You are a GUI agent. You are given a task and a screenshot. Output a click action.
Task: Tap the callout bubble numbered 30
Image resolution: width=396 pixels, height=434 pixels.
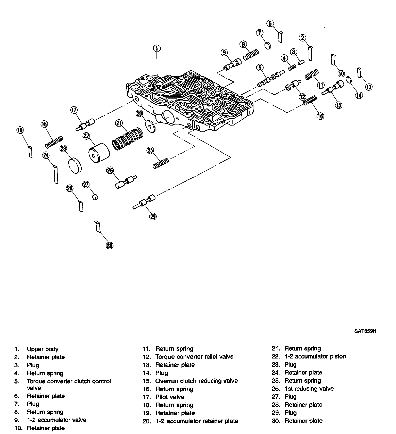click(x=110, y=246)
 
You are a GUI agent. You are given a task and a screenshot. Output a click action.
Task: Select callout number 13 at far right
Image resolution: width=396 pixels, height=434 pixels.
click(x=369, y=87)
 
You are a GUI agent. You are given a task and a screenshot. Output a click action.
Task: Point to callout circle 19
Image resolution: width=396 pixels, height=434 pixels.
click(x=20, y=130)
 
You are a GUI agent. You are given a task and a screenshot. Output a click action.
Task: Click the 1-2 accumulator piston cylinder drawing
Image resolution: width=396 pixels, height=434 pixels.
click(x=99, y=153)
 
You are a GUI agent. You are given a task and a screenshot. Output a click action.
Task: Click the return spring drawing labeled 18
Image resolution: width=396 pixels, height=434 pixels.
click(x=54, y=142)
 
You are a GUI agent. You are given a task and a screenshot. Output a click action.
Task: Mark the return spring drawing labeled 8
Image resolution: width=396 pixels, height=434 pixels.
click(x=251, y=55)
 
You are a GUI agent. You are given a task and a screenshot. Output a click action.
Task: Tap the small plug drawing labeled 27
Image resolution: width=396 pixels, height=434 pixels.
click(x=95, y=197)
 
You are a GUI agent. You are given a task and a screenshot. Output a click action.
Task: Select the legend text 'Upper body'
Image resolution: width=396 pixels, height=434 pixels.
click(x=43, y=349)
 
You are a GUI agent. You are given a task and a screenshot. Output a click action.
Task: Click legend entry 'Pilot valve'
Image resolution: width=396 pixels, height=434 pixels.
click(x=170, y=397)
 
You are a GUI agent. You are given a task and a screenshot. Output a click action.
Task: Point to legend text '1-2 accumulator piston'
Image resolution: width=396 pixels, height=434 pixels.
click(x=315, y=356)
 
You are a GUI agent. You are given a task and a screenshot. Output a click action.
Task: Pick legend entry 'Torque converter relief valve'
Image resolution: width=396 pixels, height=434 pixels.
click(x=194, y=357)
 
